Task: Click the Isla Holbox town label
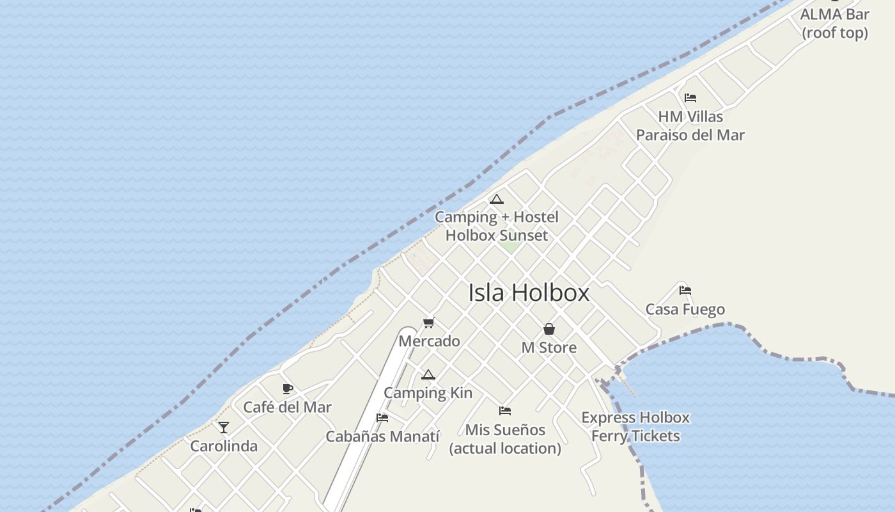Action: point(529,292)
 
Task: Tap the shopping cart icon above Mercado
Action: point(429,323)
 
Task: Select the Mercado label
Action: point(429,341)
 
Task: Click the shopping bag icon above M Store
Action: point(549,329)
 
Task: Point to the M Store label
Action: point(549,348)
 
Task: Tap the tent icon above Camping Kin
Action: point(428,374)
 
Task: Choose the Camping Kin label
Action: point(428,393)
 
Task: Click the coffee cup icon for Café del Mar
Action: point(288,388)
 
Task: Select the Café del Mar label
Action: point(288,407)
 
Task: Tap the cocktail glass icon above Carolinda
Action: point(224,427)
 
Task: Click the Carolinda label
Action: point(224,446)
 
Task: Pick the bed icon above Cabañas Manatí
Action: point(382,418)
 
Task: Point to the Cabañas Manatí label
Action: point(382,436)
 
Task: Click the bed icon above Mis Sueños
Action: point(505,411)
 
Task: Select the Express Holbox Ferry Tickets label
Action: point(635,427)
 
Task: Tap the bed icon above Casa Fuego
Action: point(685,290)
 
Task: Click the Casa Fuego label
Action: point(685,310)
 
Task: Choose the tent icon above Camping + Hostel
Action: point(497,199)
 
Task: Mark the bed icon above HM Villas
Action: point(690,98)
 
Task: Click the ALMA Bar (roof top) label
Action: point(835,24)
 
